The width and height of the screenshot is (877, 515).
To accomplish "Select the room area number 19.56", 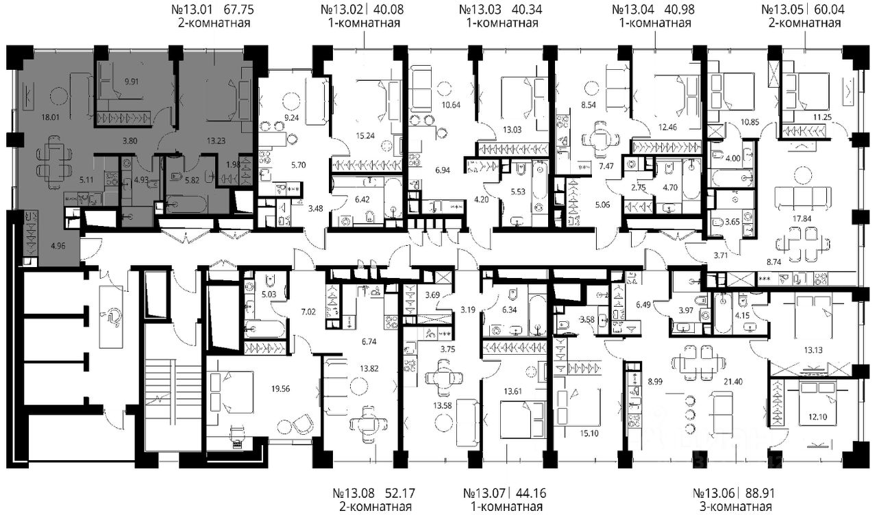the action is coord(280,388).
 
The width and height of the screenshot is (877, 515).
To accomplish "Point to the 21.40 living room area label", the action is coord(733,381).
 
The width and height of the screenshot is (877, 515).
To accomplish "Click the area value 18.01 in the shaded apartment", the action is coord(51,117).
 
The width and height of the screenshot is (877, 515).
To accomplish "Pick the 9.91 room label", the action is coord(132,81).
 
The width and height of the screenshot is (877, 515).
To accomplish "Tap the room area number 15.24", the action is coord(365,136).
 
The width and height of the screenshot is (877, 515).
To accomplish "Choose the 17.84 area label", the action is coord(802,218).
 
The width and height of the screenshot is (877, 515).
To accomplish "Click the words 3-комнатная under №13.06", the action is coord(736,507).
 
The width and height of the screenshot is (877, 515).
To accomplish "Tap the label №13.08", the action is coord(354,493).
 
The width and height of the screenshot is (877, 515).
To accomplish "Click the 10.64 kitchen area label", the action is coord(451,105).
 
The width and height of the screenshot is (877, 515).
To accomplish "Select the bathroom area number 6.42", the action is coord(362,199).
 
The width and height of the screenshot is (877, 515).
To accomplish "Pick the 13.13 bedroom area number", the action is coord(813,350).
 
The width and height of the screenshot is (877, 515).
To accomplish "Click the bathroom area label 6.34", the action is coord(509,310).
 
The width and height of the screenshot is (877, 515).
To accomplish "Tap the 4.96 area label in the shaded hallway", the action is coord(58,246).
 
